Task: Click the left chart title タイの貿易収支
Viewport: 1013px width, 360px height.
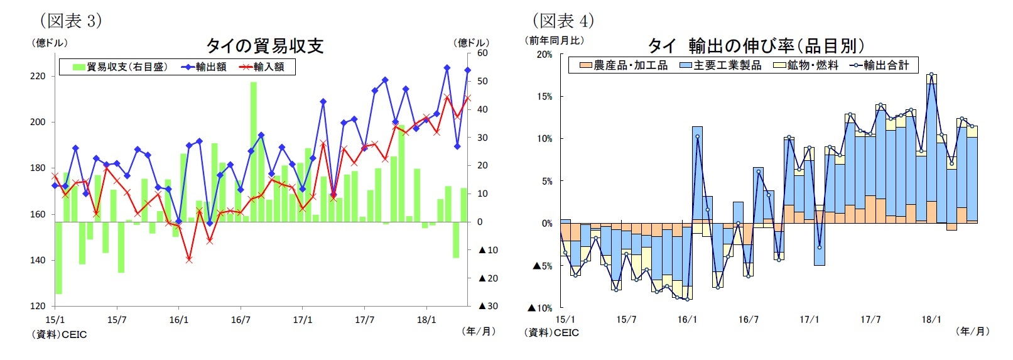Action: point(264,45)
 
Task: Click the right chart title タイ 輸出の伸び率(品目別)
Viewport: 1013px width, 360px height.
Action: point(756,45)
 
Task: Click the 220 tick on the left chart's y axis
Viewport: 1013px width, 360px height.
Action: point(38,76)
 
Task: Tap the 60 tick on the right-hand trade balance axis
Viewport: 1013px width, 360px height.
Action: point(482,53)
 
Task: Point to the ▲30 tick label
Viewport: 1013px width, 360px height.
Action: point(488,306)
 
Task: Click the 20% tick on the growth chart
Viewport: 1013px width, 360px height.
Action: point(544,55)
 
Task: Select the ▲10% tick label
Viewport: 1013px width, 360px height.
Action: point(539,308)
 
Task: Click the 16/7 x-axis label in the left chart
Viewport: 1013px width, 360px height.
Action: point(241,320)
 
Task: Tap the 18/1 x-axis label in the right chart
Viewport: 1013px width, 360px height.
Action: point(931,320)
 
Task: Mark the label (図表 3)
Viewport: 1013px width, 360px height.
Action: point(71,21)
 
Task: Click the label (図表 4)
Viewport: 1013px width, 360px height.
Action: point(563,21)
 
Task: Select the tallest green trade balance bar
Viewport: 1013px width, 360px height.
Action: point(253,151)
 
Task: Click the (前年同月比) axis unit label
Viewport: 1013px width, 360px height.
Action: point(555,40)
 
